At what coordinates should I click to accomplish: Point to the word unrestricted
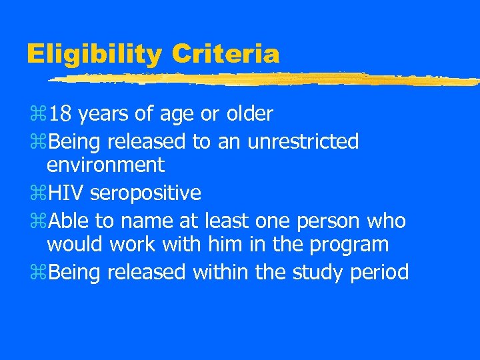click(303, 141)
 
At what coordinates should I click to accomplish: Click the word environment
click(105, 164)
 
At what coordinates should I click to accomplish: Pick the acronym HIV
click(67, 193)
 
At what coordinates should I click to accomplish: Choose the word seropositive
click(145, 194)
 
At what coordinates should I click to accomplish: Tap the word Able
click(69, 220)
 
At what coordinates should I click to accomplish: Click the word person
click(326, 220)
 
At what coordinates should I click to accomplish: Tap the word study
click(323, 273)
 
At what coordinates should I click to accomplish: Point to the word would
click(75, 244)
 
